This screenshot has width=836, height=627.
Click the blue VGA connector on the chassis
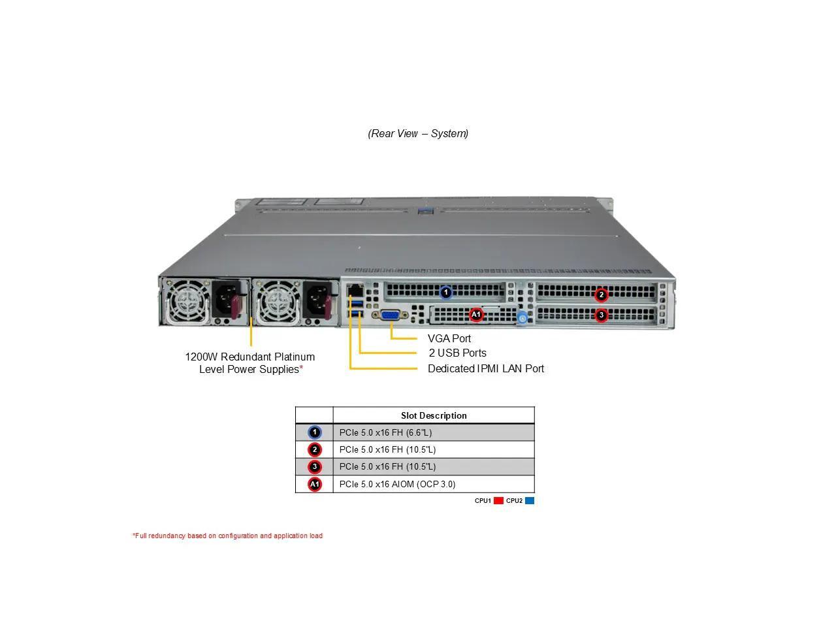click(390, 315)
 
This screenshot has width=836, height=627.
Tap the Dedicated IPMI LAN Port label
click(485, 368)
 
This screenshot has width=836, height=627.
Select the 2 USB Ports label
click(457, 353)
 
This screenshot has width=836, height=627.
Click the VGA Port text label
click(449, 338)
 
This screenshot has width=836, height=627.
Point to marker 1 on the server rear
click(446, 293)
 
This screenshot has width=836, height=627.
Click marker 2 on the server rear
click(602, 295)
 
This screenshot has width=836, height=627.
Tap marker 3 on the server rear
click(602, 315)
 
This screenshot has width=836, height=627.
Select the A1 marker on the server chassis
click(476, 315)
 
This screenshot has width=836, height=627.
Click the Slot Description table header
click(434, 415)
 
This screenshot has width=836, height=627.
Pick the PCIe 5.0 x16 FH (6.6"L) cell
click(385, 432)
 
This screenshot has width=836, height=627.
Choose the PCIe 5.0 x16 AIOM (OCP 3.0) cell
click(397, 484)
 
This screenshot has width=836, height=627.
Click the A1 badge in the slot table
click(315, 484)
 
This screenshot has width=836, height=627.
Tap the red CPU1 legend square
click(498, 501)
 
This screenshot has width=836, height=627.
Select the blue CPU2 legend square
click(530, 501)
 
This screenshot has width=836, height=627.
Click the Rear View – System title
click(418, 133)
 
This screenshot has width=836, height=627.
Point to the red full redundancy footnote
click(227, 536)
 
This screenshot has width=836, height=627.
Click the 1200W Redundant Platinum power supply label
click(250, 363)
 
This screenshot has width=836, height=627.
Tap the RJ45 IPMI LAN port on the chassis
click(355, 289)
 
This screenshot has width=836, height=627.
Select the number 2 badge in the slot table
click(315, 449)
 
